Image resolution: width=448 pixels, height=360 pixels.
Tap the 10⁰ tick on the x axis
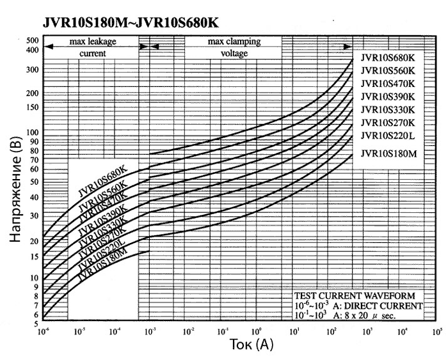[x=257, y=333]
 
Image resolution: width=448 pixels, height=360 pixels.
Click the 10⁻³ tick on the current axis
[x=150, y=333]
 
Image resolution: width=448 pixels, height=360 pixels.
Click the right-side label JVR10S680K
[x=388, y=57]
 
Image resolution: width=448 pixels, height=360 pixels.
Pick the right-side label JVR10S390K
[x=388, y=97]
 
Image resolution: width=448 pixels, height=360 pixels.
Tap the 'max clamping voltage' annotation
[x=234, y=47]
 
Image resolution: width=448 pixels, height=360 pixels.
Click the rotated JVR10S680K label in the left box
[x=103, y=182]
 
